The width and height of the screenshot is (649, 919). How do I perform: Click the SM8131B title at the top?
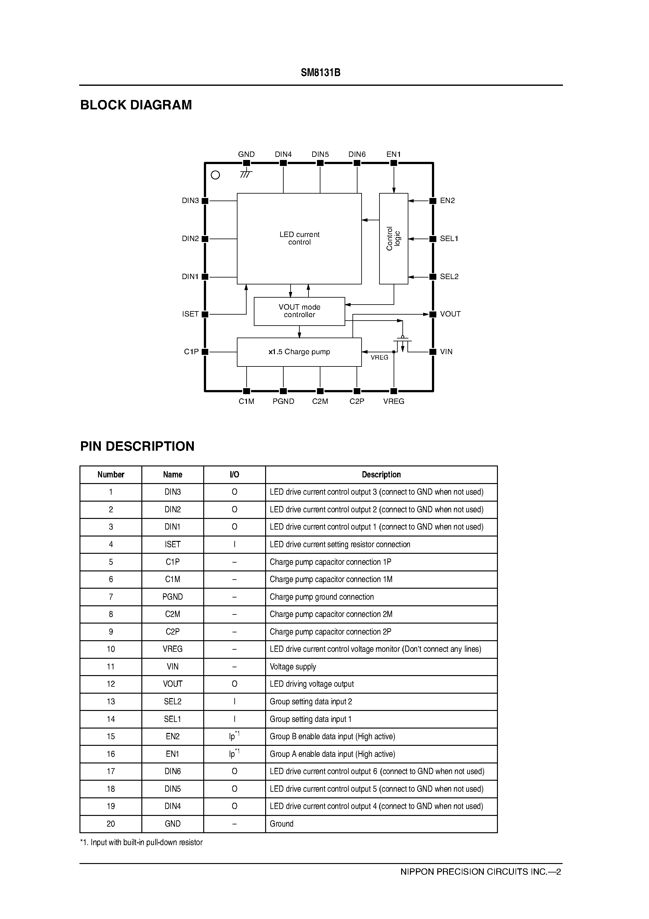[320, 73]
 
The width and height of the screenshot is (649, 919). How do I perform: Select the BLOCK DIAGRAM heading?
[136, 105]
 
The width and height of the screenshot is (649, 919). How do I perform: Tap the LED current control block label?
[299, 238]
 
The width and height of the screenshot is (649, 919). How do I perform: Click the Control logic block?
[393, 239]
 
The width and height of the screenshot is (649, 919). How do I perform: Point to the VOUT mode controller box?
[299, 311]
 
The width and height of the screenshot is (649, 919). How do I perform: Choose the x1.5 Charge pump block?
[299, 352]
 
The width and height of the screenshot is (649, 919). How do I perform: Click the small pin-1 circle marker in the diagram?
[215, 175]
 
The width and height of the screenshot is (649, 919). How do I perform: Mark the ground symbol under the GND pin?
[246, 174]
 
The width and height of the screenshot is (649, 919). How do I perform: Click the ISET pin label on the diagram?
[190, 314]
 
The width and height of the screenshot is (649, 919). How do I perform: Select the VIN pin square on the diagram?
[433, 352]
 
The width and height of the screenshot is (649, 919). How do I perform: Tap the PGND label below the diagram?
[283, 401]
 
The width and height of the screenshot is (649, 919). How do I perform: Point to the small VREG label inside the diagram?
[379, 357]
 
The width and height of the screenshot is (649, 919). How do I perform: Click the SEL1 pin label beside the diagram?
[449, 239]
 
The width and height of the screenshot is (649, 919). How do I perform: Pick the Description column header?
[381, 475]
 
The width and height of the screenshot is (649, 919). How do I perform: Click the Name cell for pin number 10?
[172, 649]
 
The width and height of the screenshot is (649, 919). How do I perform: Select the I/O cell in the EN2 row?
[234, 736]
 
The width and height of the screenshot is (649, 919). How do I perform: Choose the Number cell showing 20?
[111, 824]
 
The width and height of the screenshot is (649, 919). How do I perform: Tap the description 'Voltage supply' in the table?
[293, 667]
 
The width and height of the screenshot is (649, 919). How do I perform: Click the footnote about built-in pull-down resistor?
[141, 843]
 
